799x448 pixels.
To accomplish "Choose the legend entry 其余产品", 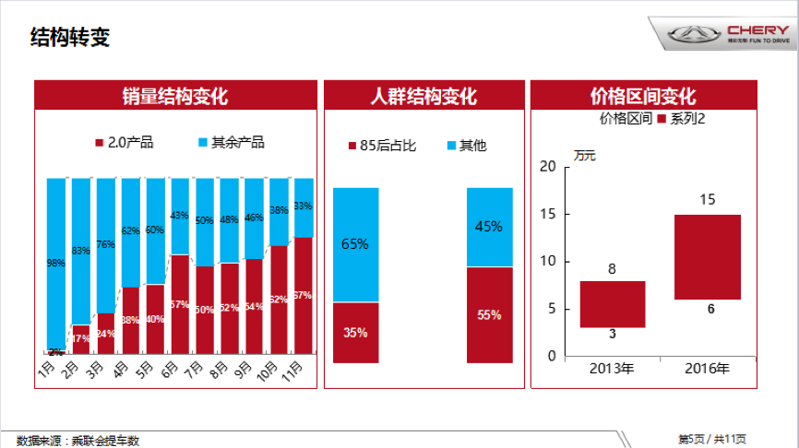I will point(231,143).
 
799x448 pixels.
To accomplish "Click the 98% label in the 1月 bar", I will point(55,263).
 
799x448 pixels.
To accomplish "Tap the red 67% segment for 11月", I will point(303,295).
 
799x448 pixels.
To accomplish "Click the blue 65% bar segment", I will point(356,244).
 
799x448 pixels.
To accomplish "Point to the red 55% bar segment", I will point(489,315).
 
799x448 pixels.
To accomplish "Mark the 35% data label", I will point(356,333).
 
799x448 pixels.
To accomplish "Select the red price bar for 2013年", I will point(612,304).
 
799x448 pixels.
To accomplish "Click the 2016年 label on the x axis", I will point(707,369).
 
